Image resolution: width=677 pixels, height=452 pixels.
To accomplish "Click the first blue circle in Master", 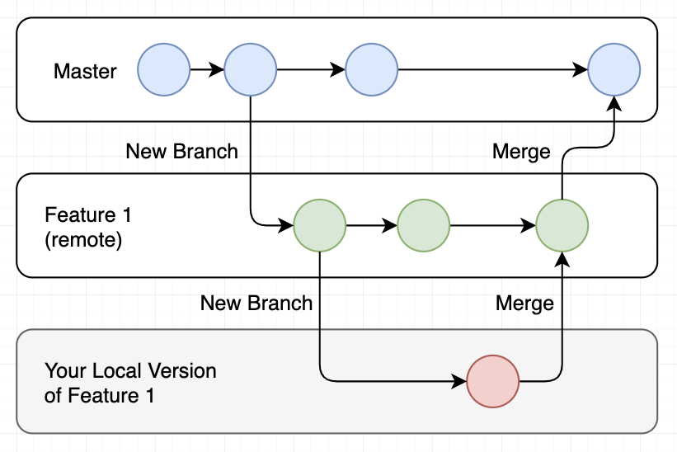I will pos(163,70).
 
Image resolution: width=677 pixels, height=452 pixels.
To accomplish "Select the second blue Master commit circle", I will pos(250,70).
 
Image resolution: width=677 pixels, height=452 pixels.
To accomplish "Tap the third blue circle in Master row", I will pos(372,70).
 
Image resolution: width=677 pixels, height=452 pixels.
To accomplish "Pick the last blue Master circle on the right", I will pos(614,70).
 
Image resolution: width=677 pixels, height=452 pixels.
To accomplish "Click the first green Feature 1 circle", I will pos(319,225).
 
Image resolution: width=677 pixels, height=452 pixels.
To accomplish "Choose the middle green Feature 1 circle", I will pos(423,225).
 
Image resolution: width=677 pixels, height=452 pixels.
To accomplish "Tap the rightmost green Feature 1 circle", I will pos(562,225).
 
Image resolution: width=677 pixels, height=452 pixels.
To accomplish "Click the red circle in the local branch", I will pos(492,382).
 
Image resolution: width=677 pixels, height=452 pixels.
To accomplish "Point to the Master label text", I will pos(85,71).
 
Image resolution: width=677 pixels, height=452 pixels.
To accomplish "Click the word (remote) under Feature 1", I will pos(83,240).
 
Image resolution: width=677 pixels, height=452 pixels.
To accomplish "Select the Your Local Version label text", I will pos(130,371).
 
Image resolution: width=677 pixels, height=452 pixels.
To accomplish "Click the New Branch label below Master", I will pos(181,152).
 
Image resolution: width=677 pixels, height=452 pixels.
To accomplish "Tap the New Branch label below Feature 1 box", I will pos(256,304).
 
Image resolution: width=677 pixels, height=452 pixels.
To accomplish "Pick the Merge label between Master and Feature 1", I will pos(520,152).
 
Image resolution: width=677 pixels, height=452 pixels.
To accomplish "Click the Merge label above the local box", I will pos(524,304).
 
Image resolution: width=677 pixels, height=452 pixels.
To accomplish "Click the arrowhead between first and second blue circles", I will pos(217,70).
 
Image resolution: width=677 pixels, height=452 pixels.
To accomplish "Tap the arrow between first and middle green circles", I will pos(371,225).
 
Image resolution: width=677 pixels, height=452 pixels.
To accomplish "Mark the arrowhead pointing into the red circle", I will pos(459,382).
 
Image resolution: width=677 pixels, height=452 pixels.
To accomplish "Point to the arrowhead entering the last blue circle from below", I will pos(614,104).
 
